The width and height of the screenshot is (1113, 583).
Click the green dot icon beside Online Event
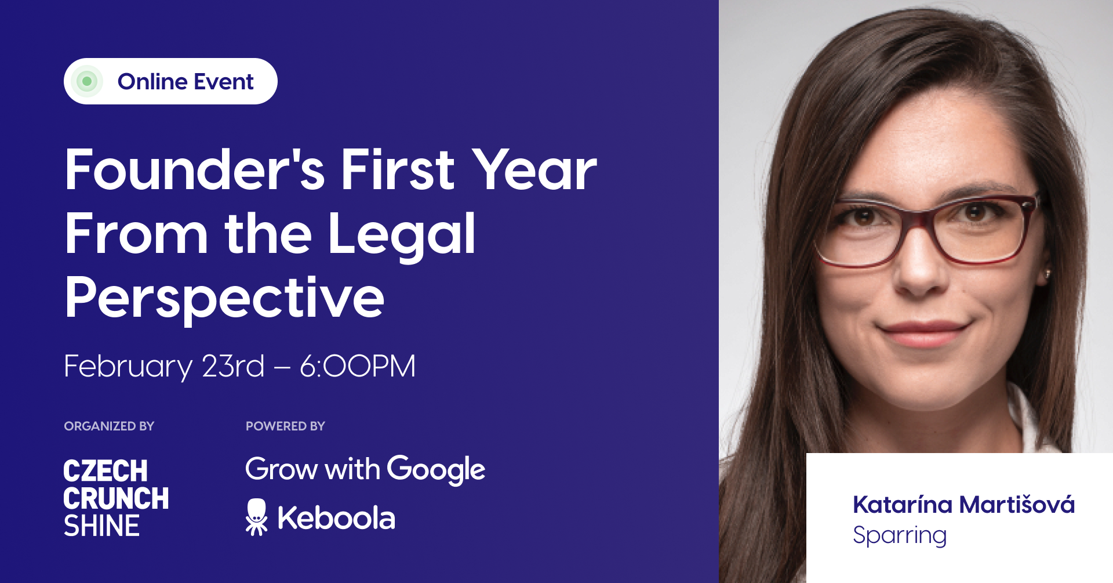tap(87, 81)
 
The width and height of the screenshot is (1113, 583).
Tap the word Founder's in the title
tap(195, 169)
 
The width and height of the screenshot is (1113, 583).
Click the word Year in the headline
tap(534, 169)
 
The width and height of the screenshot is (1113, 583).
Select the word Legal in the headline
tap(402, 233)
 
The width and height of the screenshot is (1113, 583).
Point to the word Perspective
tap(225, 298)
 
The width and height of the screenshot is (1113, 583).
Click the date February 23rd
tap(164, 367)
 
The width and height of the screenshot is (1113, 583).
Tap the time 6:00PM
tap(358, 366)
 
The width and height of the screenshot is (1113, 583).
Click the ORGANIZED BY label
tap(109, 426)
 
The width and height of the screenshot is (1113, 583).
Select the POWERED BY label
tap(285, 426)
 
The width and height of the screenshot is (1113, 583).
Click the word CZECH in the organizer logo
tap(106, 471)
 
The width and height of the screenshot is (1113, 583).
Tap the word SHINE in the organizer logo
tap(101, 526)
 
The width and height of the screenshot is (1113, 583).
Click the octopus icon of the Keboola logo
tap(256, 517)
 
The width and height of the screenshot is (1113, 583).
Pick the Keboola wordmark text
tap(336, 517)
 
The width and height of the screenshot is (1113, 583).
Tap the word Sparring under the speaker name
tap(900, 535)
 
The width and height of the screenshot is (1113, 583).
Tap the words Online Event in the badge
tap(185, 81)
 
